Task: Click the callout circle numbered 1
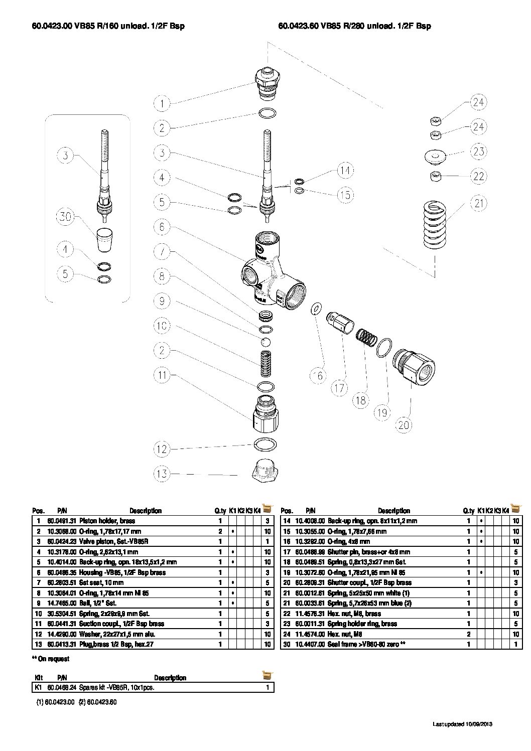[x=162, y=104]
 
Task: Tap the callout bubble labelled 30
[x=65, y=217]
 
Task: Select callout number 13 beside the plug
[x=162, y=474]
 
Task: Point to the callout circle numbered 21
[x=478, y=203]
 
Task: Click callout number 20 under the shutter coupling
[x=404, y=425]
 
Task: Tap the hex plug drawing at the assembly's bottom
[x=264, y=470]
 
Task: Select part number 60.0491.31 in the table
[x=61, y=521]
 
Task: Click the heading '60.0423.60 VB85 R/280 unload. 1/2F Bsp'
[x=354, y=26]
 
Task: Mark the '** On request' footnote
[x=50, y=659]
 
